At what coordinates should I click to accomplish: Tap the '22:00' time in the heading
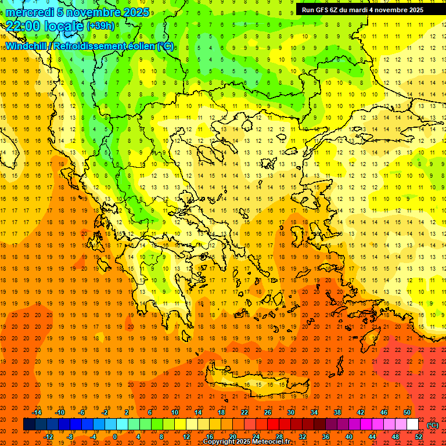pos(21,26)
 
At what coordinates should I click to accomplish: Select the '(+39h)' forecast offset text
pos(100,26)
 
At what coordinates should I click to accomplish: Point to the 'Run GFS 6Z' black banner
pos(362,10)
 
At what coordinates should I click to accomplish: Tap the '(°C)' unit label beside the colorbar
pos(432,425)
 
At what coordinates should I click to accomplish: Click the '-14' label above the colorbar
pos(38,412)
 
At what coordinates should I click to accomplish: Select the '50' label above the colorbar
pos(407,412)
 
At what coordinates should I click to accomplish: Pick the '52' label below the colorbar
pos(418,437)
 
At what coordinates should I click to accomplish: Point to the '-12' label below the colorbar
pos(49,437)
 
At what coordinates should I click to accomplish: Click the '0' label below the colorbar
pos(115,437)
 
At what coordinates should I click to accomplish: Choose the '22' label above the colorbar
pos(244,412)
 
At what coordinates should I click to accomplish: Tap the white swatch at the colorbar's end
pos(413,425)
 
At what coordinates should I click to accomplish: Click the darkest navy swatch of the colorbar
pos(29,425)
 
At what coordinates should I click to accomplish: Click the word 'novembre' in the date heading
pos(95,12)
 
